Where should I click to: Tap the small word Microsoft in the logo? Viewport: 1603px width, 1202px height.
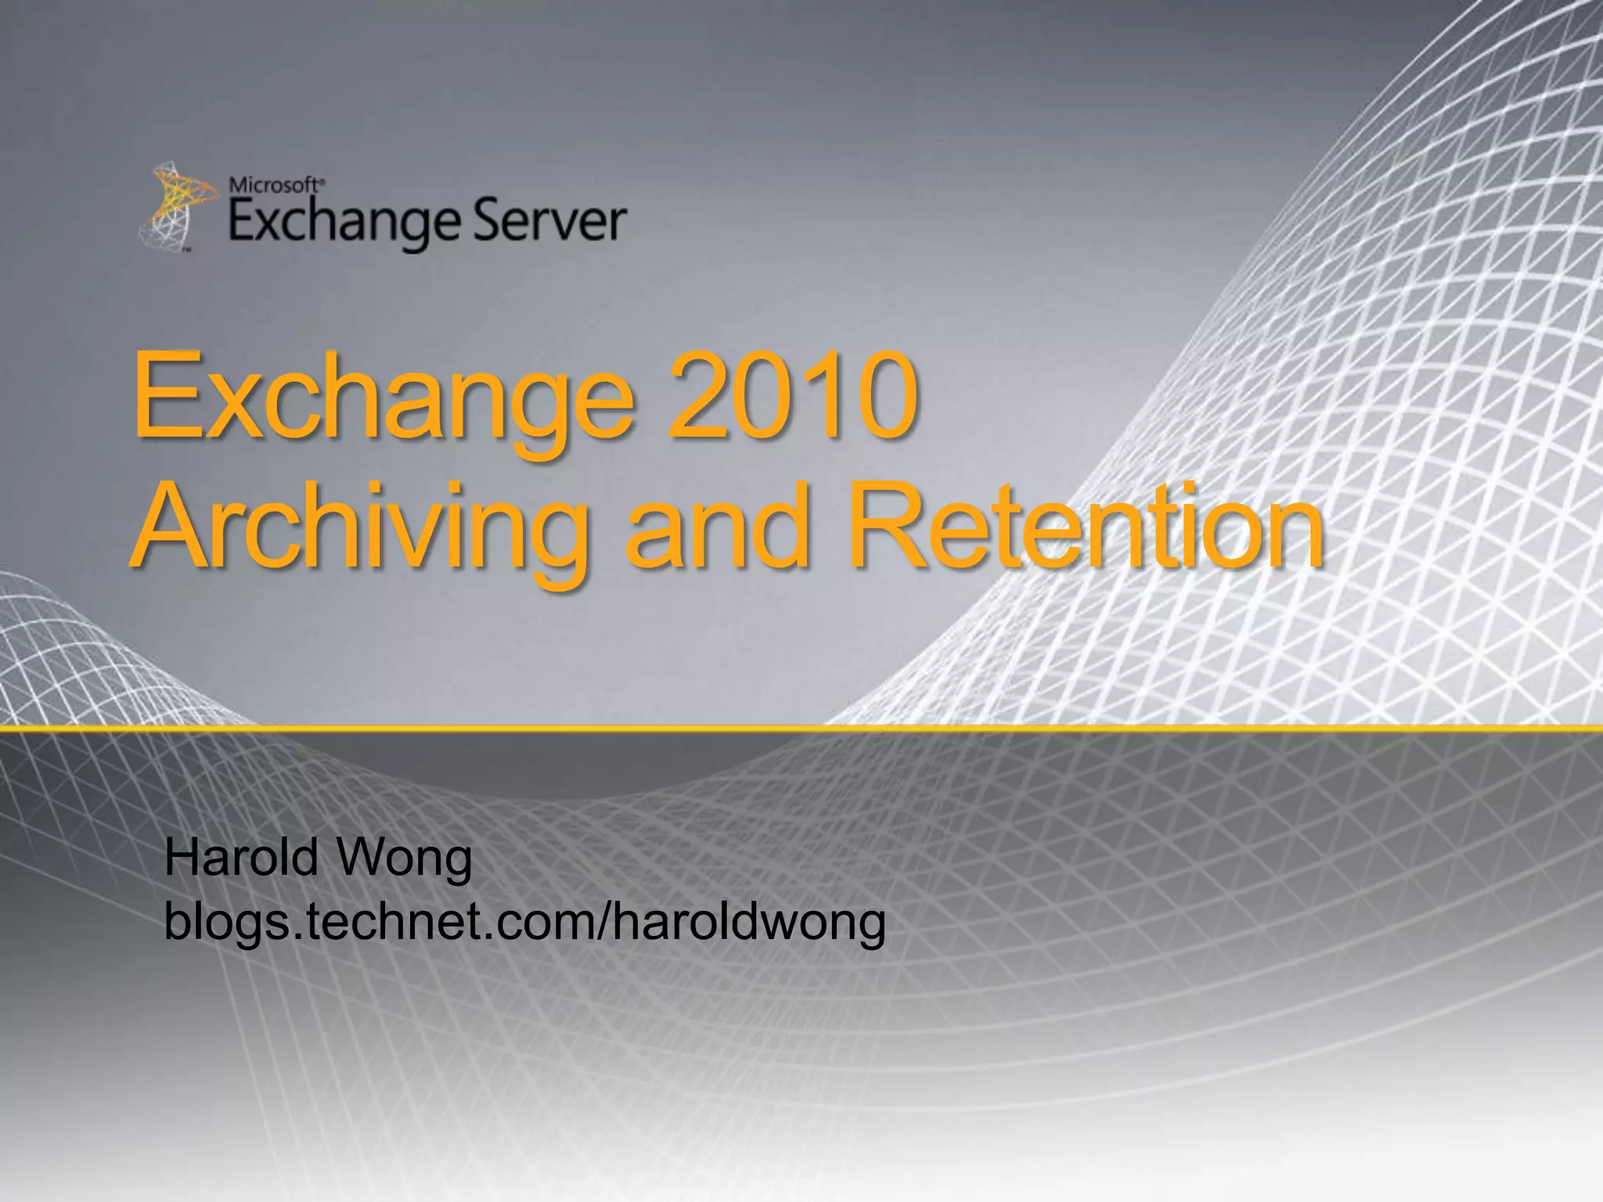click(x=274, y=185)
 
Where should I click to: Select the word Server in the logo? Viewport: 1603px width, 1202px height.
click(x=550, y=221)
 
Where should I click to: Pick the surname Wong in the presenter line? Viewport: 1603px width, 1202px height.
click(x=404, y=858)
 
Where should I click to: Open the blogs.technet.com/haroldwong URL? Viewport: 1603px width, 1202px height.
click(x=524, y=922)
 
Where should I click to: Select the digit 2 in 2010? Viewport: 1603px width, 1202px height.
click(x=699, y=395)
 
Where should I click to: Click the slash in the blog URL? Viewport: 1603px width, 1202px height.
click(x=602, y=921)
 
